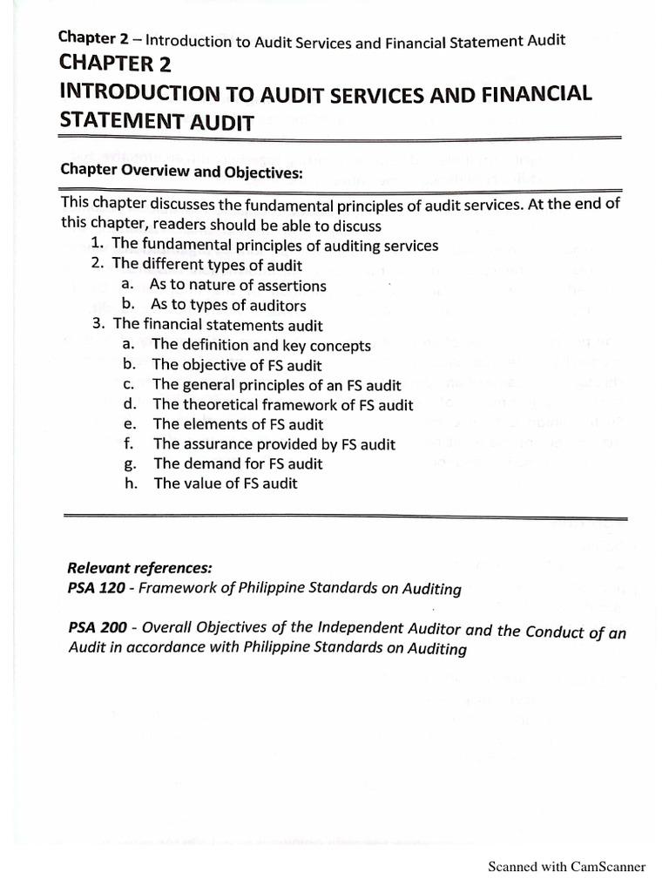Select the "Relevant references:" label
(139, 568)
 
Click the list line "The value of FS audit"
(225, 483)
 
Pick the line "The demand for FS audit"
(238, 463)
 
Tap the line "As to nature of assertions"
(238, 285)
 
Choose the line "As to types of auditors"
(228, 305)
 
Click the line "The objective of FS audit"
(237, 365)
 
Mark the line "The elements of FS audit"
(238, 424)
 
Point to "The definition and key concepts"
(261, 345)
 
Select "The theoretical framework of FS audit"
(283, 404)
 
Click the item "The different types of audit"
(207, 264)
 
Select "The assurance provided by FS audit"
(274, 444)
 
